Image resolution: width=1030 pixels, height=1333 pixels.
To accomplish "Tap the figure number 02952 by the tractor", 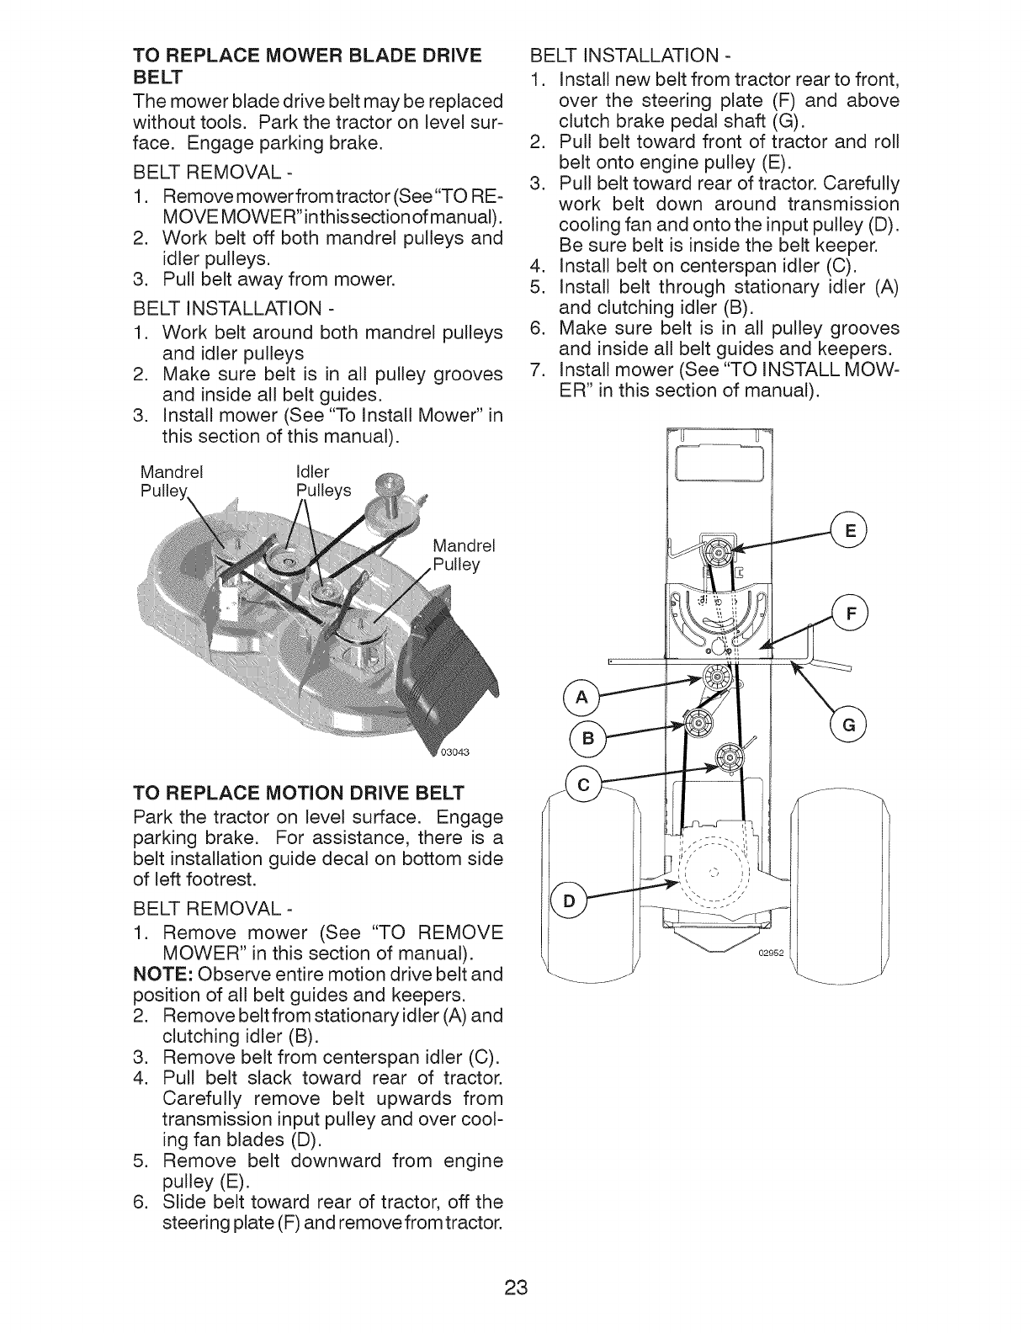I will pyautogui.click(x=770, y=953).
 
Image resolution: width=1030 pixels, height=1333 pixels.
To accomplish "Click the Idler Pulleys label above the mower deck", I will pyautogui.click(x=323, y=481).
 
